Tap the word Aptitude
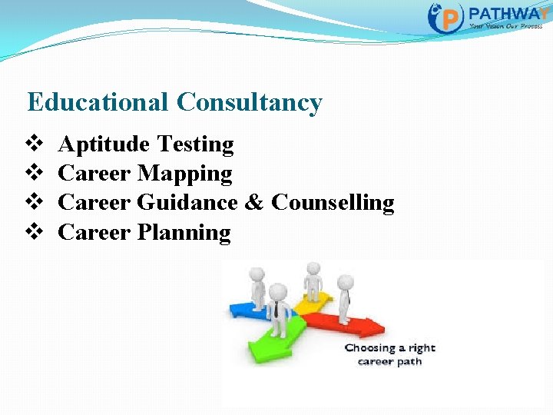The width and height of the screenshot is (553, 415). pyautogui.click(x=104, y=144)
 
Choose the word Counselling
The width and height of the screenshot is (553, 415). pyautogui.click(x=333, y=203)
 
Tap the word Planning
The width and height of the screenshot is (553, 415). pyautogui.click(x=184, y=232)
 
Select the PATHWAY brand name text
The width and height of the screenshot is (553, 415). pyautogui.click(x=507, y=14)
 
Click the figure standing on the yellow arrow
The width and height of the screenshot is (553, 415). pyautogui.click(x=313, y=281)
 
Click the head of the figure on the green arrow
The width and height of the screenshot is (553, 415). pyautogui.click(x=277, y=292)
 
